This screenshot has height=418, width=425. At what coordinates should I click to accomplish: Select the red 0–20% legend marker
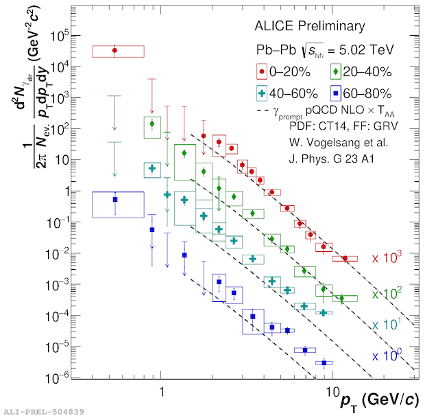[x=261, y=71]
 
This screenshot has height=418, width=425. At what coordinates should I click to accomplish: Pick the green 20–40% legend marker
[x=335, y=71]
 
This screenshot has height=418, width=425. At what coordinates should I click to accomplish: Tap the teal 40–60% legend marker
[x=261, y=93]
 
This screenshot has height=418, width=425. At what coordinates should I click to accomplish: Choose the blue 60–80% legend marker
[x=335, y=93]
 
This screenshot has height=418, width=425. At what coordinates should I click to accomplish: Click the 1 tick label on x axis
[x=161, y=390]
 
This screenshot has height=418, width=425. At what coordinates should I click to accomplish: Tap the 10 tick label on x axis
[x=331, y=390]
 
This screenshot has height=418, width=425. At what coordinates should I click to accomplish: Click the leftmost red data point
[x=114, y=50]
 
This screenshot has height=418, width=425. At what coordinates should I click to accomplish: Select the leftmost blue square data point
[x=114, y=199]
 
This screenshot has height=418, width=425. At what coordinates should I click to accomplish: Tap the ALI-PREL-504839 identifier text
[x=44, y=411]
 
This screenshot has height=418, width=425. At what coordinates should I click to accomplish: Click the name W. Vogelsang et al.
[x=328, y=142]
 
